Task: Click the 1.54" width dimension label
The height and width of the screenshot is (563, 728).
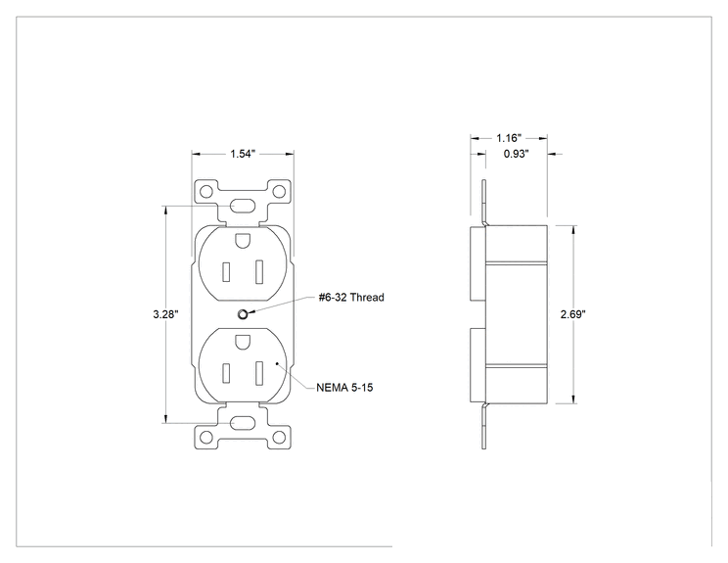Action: click(x=243, y=154)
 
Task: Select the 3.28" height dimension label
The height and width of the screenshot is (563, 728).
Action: click(x=165, y=314)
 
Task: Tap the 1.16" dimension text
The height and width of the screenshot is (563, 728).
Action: click(x=509, y=138)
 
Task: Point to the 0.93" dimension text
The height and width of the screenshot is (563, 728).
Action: click(x=517, y=154)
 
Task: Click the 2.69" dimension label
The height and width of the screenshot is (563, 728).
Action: click(x=573, y=314)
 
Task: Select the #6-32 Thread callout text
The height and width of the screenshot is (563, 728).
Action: click(x=351, y=298)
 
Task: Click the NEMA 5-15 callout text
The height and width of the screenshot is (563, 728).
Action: click(x=344, y=388)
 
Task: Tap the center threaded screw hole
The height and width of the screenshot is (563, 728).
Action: click(x=243, y=314)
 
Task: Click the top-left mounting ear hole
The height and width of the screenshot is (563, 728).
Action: click(x=206, y=191)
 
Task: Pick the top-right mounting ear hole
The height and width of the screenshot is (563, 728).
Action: click(x=279, y=191)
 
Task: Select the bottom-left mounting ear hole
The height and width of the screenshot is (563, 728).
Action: click(x=206, y=437)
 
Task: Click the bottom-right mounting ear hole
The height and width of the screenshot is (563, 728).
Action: click(x=279, y=437)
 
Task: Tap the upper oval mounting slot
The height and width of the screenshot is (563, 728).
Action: click(x=243, y=206)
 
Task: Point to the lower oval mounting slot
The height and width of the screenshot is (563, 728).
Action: click(x=243, y=423)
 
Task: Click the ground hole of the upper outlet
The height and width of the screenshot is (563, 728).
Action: click(x=243, y=240)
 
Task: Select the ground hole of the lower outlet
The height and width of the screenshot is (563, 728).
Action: click(x=243, y=342)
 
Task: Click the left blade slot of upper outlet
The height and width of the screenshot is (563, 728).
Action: click(x=226, y=272)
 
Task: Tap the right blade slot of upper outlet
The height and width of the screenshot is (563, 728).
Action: click(x=259, y=272)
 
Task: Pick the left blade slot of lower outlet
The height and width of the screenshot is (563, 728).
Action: click(x=226, y=373)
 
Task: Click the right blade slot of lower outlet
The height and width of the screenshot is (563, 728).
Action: click(x=259, y=372)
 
